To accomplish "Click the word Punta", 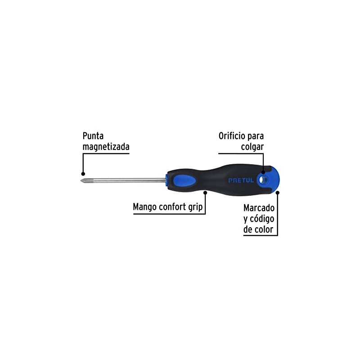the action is pyautogui.click(x=94, y=136).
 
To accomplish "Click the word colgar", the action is pyautogui.click(x=252, y=147).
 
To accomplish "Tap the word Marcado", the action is pyautogui.click(x=259, y=208).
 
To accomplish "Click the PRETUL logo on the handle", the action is pyautogui.click(x=241, y=180).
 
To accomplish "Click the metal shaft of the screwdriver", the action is pyautogui.click(x=126, y=180).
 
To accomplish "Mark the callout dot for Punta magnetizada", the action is pyautogui.click(x=83, y=173).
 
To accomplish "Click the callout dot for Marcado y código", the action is pyautogui.click(x=278, y=193).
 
